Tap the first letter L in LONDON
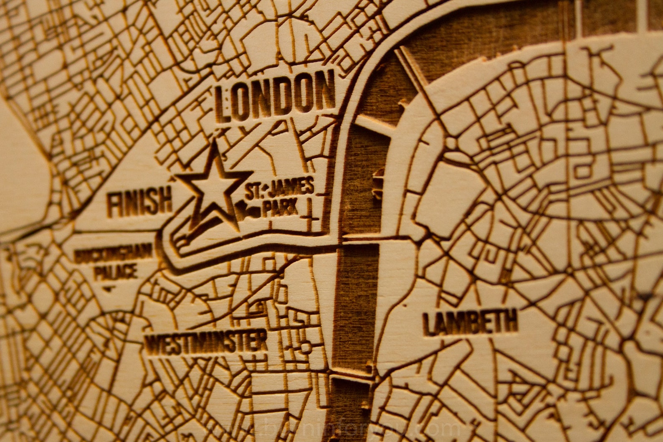pyautogui.click(x=223, y=106)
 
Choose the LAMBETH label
pyautogui.click(x=470, y=322)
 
